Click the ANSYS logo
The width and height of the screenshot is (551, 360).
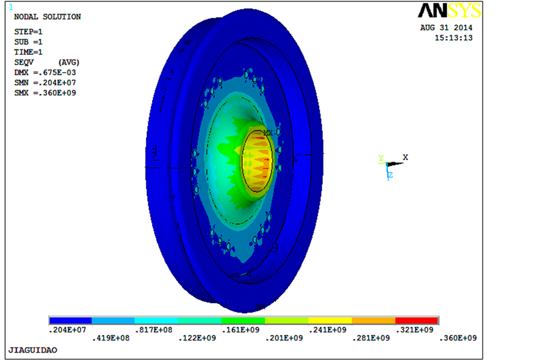pos(450,10)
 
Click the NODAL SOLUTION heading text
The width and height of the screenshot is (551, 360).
pos(48,16)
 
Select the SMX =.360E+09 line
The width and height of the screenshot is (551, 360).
pos(45,93)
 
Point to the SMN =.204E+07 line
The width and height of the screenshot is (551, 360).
pos(45,82)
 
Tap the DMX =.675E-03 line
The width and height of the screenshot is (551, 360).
pos(45,73)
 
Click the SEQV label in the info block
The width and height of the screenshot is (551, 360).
pos(24,62)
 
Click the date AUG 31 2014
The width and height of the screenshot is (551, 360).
pos(446,27)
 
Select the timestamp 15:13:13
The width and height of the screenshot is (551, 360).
pos(453,38)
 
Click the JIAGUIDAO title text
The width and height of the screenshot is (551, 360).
pos(33,350)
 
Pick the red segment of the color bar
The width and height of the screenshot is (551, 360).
pos(416,320)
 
